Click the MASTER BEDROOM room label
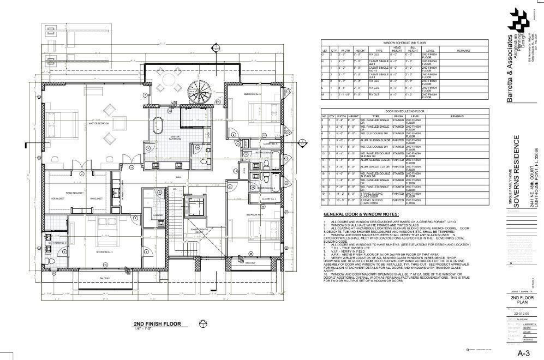pos(97,123)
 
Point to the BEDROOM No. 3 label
pos(104,252)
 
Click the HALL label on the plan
pos(178,176)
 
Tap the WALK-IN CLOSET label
pos(74,193)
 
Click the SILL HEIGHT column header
pos(413,49)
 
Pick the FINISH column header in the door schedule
pos(398,116)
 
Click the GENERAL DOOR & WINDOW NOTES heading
pos(361,214)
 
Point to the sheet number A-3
pos(524,353)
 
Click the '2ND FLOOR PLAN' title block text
pos(518,301)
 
